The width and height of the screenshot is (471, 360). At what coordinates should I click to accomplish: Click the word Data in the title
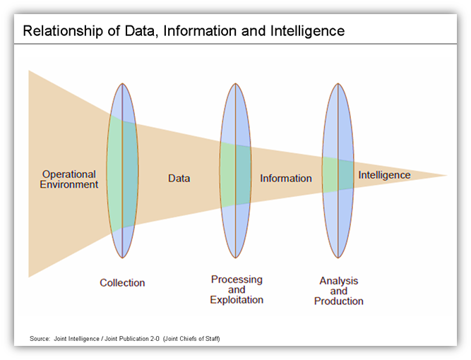point(157,31)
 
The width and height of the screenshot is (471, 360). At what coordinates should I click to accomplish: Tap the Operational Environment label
point(68,179)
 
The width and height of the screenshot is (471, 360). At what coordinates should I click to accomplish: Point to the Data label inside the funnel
point(179,179)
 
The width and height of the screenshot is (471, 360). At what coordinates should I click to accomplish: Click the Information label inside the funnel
point(285,179)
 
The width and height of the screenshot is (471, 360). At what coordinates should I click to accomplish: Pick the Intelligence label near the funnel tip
point(384,175)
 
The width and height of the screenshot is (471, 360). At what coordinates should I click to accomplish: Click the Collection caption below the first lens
point(122,283)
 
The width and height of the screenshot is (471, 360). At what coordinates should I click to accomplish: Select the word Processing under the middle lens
point(237,280)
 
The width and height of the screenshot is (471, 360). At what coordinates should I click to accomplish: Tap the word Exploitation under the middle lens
point(237,300)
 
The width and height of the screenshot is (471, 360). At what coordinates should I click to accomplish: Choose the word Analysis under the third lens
point(338,281)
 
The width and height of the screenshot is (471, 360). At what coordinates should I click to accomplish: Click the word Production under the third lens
point(338,301)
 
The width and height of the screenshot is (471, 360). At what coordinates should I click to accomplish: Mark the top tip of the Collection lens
point(123,84)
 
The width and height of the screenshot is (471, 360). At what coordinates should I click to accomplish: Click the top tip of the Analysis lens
point(338,84)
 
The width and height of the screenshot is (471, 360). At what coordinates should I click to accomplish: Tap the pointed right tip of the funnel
point(446,175)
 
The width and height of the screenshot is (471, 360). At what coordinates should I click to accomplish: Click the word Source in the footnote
point(40,340)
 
